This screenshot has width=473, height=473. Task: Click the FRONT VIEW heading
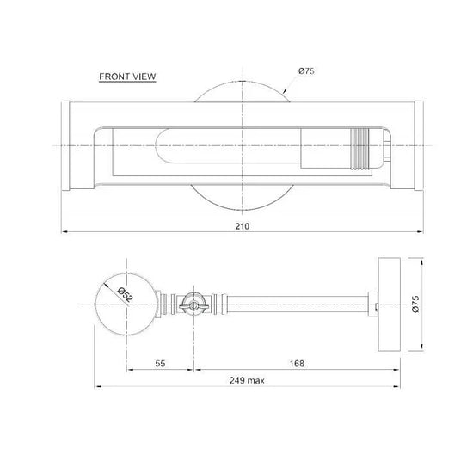[127, 77]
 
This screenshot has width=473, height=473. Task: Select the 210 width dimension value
[243, 226]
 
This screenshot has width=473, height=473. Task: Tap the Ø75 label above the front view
[306, 71]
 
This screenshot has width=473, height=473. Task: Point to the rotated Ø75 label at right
[415, 304]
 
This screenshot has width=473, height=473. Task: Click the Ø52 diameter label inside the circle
[126, 294]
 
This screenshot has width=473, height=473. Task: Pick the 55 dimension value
[160, 363]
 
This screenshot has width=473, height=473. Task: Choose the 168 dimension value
[297, 363]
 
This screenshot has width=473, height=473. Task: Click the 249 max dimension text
[247, 380]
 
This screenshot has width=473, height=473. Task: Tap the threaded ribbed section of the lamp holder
[359, 149]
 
